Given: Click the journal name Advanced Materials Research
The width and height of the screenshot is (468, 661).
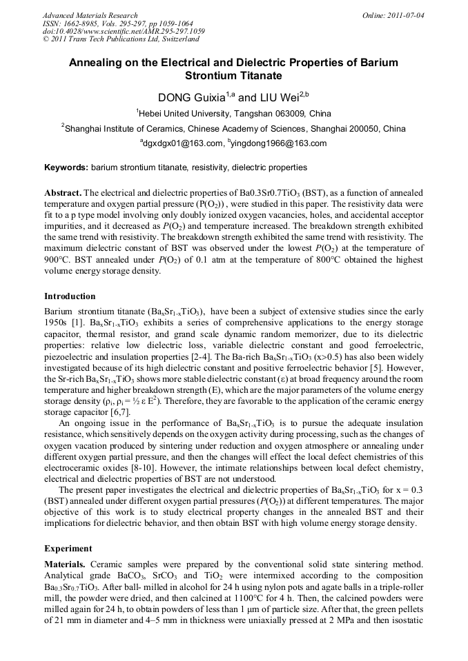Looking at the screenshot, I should click(90, 15).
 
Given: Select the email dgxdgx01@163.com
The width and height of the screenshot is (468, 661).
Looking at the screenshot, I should click(182, 143).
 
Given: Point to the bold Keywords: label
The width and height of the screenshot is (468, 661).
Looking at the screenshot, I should click(66, 167).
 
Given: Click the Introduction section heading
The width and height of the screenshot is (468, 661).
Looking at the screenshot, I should click(70, 296).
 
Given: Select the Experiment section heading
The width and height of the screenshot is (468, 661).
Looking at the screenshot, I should click(68, 549).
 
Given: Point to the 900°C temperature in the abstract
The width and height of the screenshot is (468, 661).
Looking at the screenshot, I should click(59, 261).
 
